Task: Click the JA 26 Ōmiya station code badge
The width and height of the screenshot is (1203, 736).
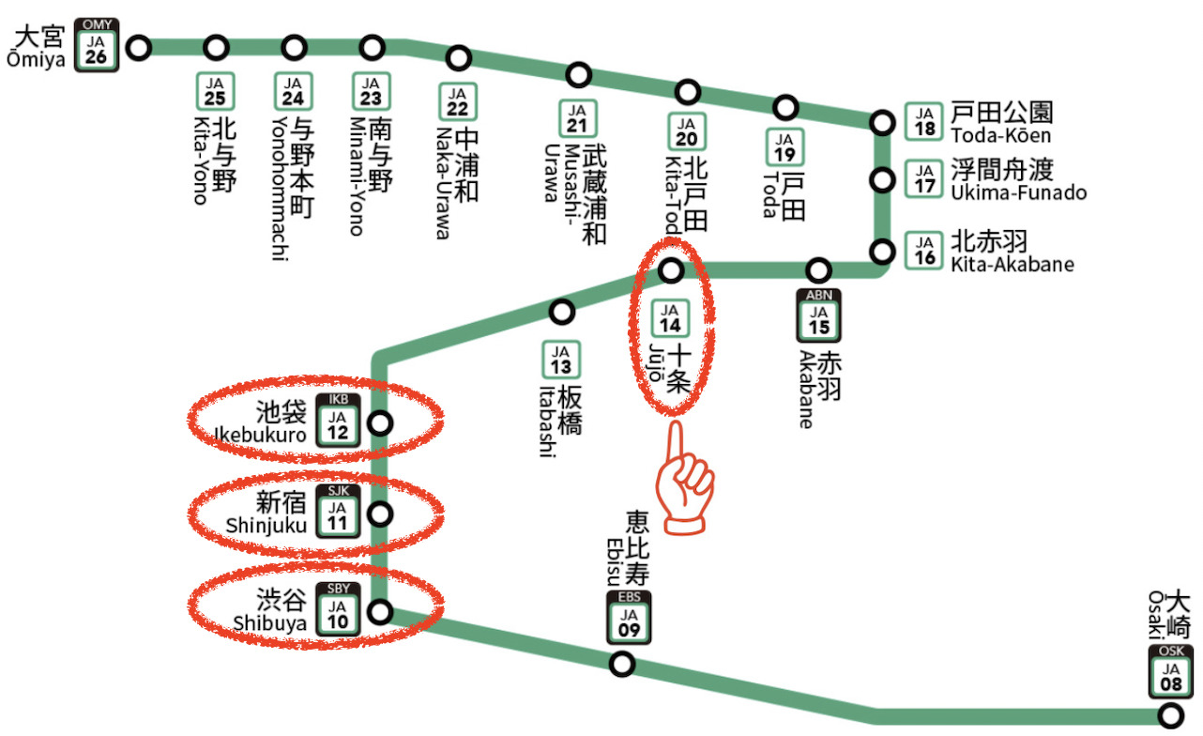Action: point(96,45)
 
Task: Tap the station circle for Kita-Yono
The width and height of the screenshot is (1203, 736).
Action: point(217,47)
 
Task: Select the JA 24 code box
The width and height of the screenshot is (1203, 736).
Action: point(294,91)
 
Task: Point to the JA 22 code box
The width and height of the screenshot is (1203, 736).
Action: point(457,101)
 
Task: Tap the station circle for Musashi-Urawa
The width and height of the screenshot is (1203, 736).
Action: point(580,73)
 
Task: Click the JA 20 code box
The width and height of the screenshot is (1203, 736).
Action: point(687,131)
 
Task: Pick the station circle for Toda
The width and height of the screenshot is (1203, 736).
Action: point(785,106)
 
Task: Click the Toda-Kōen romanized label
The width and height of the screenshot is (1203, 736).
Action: point(1000,136)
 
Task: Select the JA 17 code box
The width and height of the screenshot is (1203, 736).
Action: point(925,178)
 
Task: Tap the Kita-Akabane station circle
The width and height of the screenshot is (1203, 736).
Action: point(882,252)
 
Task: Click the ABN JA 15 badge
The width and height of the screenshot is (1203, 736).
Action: point(818,316)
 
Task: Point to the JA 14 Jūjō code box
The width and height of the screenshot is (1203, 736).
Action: point(670,318)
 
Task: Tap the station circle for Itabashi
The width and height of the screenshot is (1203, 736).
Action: point(561,311)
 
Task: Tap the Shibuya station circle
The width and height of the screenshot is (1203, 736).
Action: point(380,612)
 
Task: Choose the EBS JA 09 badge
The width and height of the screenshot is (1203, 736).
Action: point(628,618)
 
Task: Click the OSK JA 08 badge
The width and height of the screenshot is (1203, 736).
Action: point(1171,672)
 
